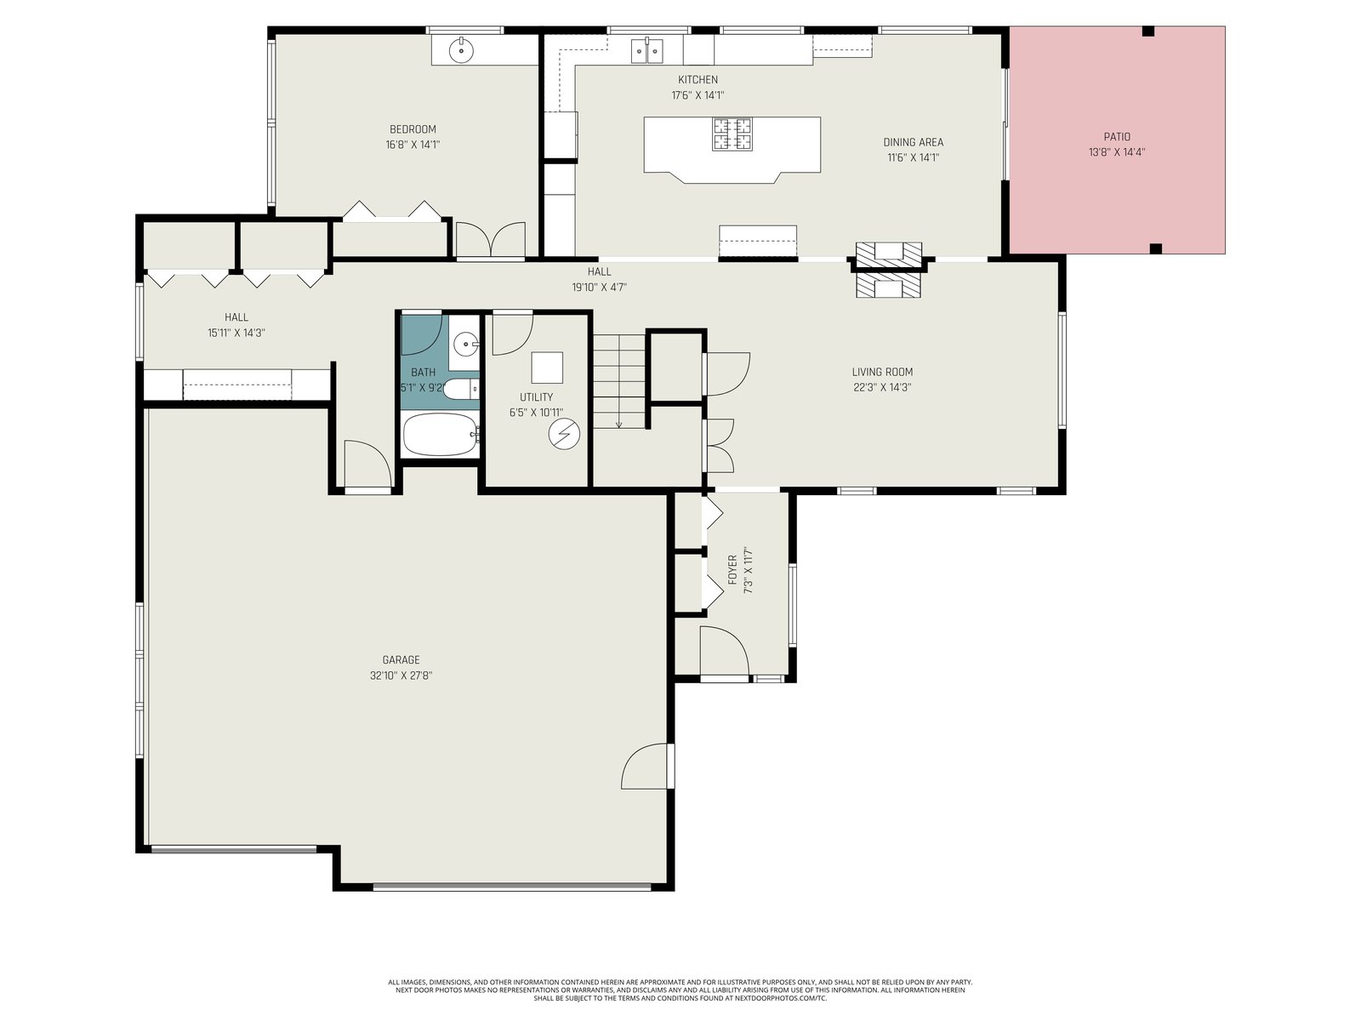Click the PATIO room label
click(1117, 137)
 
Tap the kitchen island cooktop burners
click(732, 134)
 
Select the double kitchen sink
click(646, 51)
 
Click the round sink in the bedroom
click(461, 49)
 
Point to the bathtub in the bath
click(441, 435)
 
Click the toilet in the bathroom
click(460, 390)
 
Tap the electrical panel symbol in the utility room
click(564, 434)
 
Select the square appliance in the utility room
click(547, 368)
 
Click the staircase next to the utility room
click(619, 381)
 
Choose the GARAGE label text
click(401, 659)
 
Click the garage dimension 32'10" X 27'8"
click(401, 676)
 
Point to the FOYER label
click(732, 570)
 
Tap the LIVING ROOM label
click(882, 372)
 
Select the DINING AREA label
click(913, 142)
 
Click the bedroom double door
click(491, 240)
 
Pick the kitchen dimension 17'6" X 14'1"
click(698, 95)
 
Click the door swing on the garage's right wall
click(646, 767)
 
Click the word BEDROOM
click(413, 129)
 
